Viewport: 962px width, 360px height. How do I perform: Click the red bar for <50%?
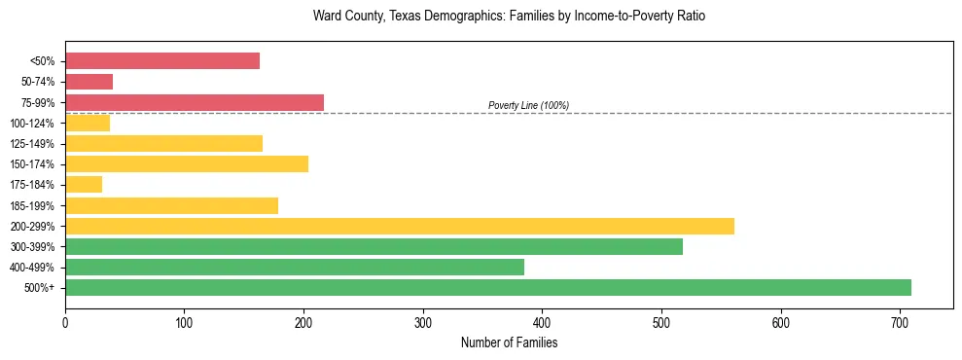(162, 61)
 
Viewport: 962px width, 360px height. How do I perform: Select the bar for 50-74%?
(89, 82)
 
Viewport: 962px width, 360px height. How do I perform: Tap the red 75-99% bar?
(195, 102)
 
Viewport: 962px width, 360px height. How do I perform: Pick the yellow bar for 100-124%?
(88, 123)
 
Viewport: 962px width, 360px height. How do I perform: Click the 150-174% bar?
(187, 163)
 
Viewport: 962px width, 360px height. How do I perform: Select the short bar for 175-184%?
(84, 184)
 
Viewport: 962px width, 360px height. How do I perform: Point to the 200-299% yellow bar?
(400, 226)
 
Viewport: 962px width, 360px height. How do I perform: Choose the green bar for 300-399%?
(374, 246)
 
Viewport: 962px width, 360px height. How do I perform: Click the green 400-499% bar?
(295, 267)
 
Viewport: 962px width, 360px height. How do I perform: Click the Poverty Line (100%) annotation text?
(528, 105)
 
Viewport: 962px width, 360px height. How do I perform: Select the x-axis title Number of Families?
(509, 342)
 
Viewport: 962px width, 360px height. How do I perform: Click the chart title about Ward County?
(509, 17)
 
